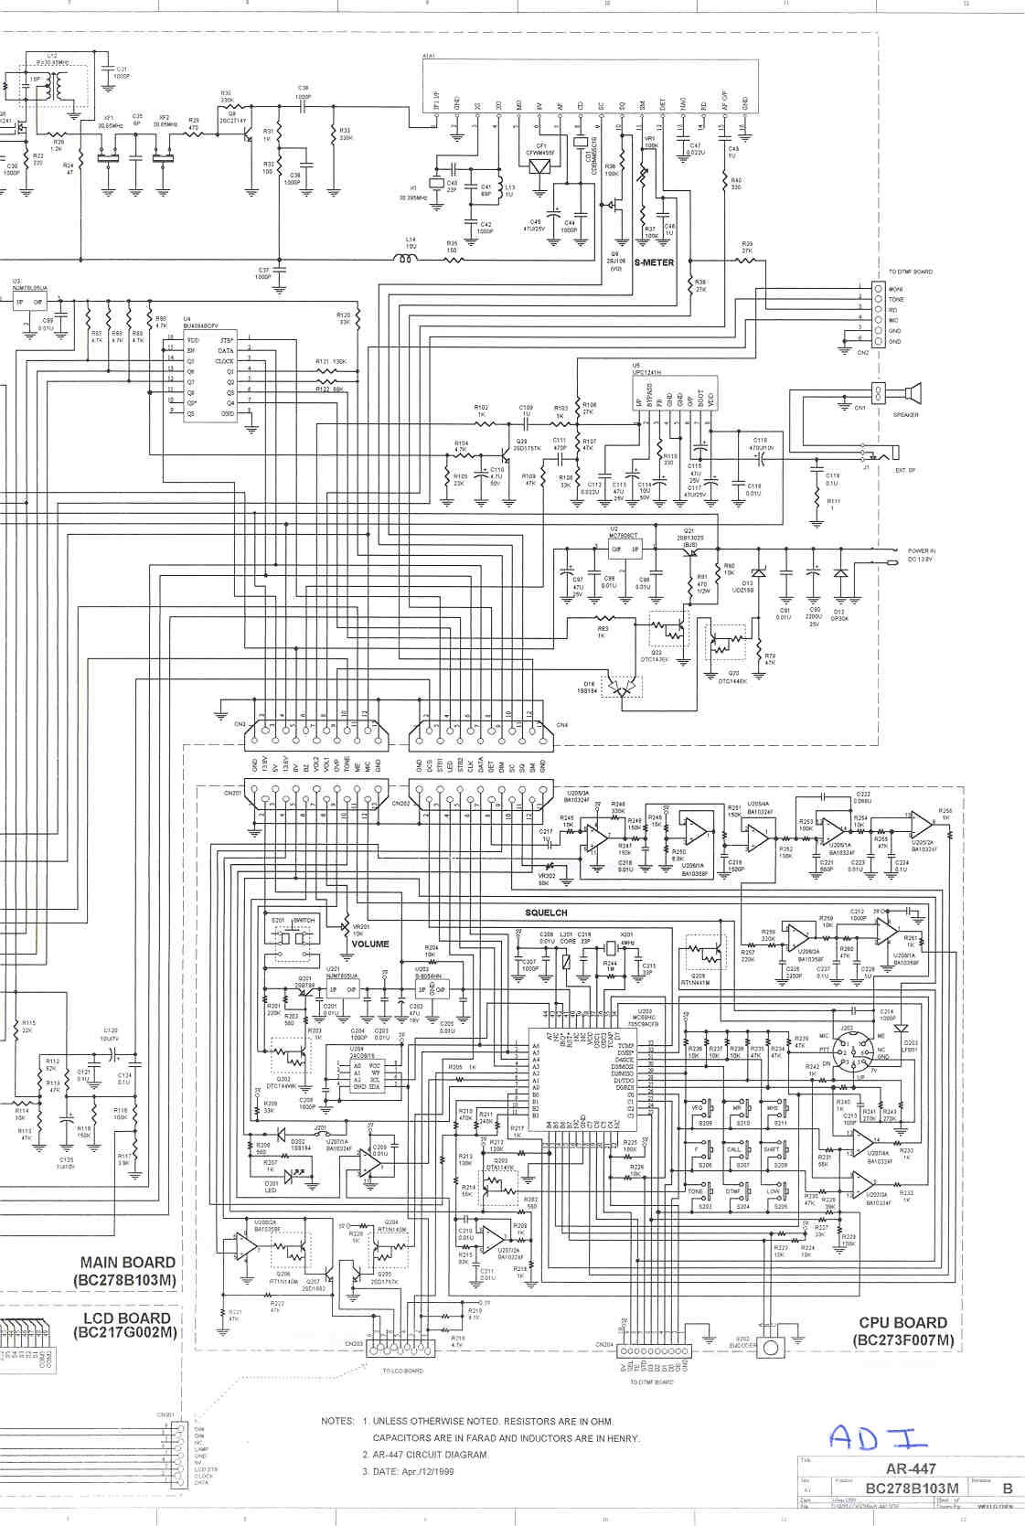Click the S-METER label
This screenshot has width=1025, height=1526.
(x=654, y=262)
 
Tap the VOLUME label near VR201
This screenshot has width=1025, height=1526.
(x=370, y=944)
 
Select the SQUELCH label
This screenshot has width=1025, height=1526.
(x=546, y=912)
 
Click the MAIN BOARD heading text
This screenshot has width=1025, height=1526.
(x=127, y=1263)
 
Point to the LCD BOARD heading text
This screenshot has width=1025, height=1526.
(x=127, y=1318)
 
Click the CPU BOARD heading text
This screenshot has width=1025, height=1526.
(x=902, y=1323)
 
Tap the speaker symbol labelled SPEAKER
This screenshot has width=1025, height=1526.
(x=911, y=394)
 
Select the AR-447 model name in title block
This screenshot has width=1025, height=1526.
(x=911, y=1469)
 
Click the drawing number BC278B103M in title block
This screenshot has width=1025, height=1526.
(x=912, y=1489)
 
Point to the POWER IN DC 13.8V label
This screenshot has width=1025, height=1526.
(x=921, y=555)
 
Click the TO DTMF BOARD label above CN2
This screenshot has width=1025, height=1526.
(x=911, y=272)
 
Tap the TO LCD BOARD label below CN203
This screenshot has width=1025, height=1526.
(x=402, y=1371)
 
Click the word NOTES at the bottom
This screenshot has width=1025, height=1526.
(x=337, y=1421)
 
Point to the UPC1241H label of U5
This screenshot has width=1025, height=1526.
(x=647, y=373)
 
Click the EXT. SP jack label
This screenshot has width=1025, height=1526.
(x=905, y=470)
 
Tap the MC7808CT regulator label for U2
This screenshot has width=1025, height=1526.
(x=625, y=536)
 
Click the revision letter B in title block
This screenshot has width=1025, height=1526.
(x=1007, y=1489)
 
